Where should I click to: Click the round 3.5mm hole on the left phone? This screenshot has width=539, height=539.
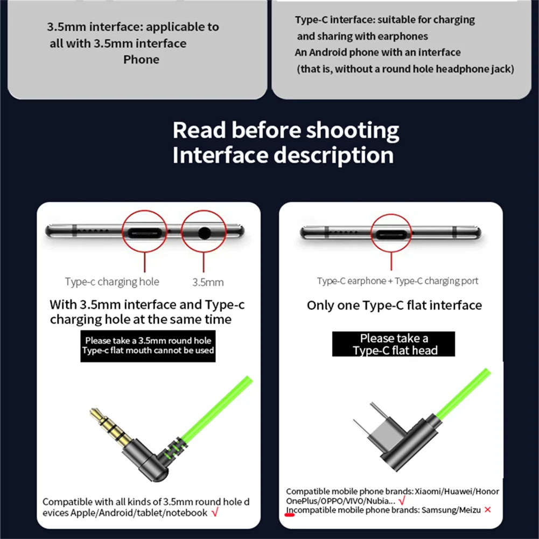(x=204, y=233)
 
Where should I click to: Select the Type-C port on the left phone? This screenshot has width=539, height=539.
(x=145, y=233)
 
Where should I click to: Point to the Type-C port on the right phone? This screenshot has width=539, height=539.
(x=391, y=235)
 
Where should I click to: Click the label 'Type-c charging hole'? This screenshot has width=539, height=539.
(x=112, y=282)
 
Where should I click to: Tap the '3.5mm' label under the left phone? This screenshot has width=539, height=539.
(x=208, y=283)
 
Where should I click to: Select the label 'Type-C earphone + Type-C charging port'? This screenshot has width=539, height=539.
(x=397, y=281)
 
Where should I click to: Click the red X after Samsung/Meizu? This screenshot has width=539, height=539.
(x=487, y=510)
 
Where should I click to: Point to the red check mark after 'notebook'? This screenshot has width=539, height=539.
(x=215, y=513)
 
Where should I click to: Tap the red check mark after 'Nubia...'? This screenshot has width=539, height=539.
(x=402, y=501)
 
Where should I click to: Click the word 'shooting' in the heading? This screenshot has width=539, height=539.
(x=352, y=131)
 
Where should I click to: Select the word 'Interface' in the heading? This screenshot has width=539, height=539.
(x=220, y=155)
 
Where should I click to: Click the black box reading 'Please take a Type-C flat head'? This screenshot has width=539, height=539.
(x=393, y=344)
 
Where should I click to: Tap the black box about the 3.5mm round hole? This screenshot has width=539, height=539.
(x=148, y=346)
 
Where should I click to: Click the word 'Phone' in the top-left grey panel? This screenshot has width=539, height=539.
(x=141, y=60)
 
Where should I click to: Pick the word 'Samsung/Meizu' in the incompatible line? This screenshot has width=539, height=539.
(x=451, y=510)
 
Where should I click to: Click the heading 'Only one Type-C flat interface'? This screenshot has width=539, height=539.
(x=394, y=305)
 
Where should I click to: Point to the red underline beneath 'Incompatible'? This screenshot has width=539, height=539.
(x=290, y=515)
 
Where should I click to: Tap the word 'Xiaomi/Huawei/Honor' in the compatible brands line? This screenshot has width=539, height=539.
(x=457, y=492)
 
